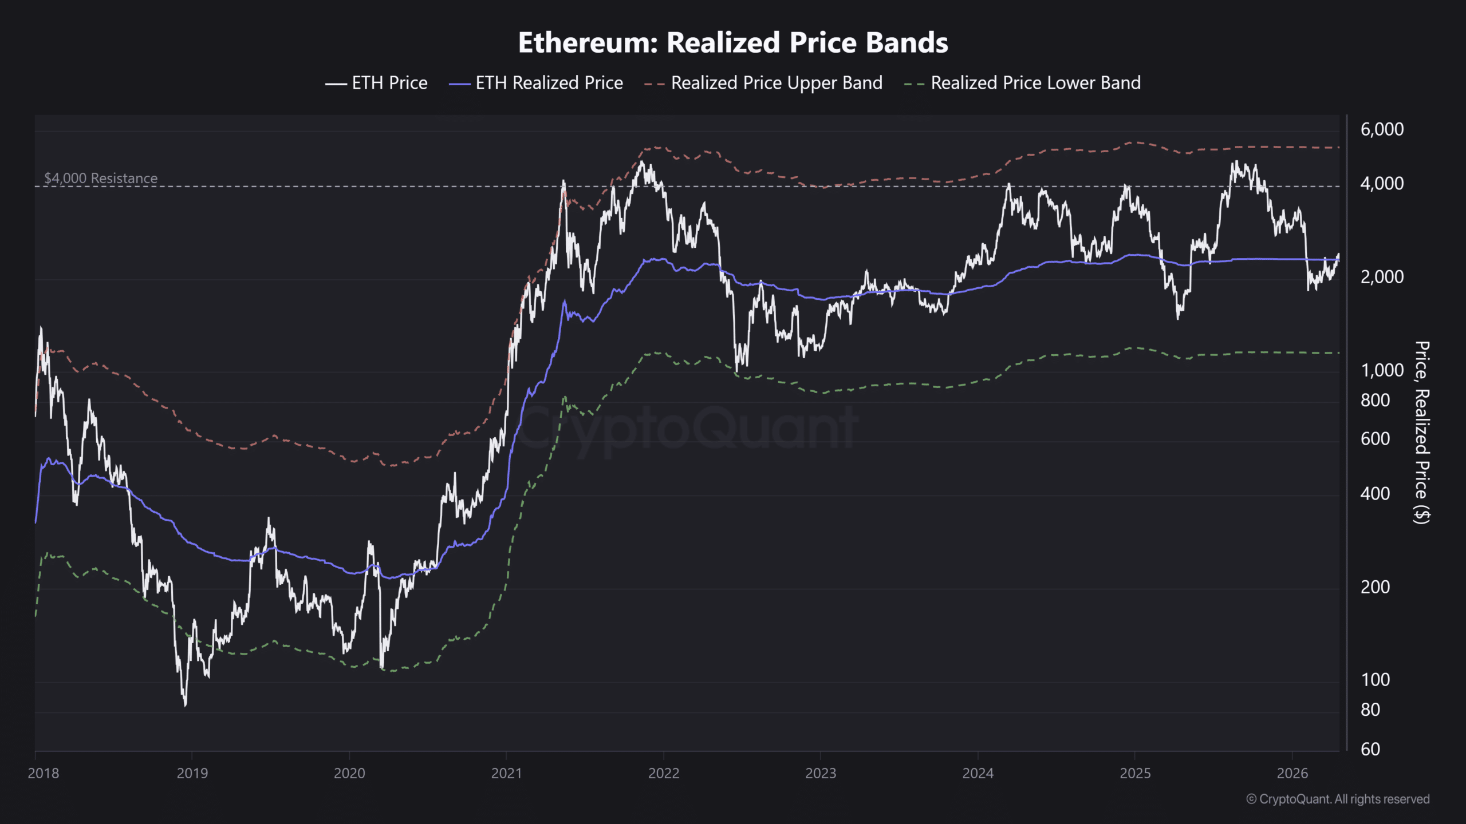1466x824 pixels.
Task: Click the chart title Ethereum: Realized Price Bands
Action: point(733,43)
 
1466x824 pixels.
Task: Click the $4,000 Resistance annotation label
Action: point(101,178)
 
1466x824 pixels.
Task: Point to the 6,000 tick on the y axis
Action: point(1382,129)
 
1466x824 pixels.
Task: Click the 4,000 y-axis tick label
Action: point(1382,184)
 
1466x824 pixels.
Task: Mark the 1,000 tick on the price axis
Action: point(1382,370)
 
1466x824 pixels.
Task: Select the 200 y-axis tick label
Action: point(1375,587)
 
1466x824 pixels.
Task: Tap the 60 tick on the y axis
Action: point(1370,749)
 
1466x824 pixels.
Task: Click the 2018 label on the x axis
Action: point(44,773)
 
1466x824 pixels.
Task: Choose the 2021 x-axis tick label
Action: point(506,773)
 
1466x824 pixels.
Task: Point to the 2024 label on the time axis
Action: point(978,773)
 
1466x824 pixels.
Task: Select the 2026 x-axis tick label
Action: point(1292,773)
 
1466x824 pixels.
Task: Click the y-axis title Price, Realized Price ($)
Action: point(1422,432)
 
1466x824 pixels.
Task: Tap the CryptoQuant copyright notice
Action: point(1338,799)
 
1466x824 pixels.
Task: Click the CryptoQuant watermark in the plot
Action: point(687,429)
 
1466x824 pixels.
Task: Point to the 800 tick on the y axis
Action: point(1375,400)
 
